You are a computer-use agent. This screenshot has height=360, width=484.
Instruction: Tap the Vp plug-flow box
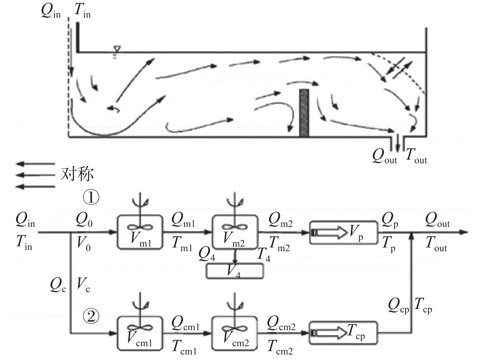click(343, 232)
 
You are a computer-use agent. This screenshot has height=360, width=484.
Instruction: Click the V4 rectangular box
click(235, 271)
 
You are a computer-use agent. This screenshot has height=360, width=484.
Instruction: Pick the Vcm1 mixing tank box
click(140, 333)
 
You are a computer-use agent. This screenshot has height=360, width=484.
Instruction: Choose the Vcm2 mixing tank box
click(234, 333)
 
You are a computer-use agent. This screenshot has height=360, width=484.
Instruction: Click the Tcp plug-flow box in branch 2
click(343, 333)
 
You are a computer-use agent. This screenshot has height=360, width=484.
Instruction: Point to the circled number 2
click(91, 316)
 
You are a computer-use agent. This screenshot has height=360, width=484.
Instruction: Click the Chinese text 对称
click(77, 174)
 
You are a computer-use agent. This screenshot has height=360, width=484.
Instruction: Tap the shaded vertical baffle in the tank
click(304, 113)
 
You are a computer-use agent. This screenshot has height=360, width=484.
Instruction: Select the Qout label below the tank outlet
click(384, 156)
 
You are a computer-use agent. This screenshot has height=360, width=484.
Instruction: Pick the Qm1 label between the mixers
click(183, 220)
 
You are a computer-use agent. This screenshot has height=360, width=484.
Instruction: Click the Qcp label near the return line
click(398, 305)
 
